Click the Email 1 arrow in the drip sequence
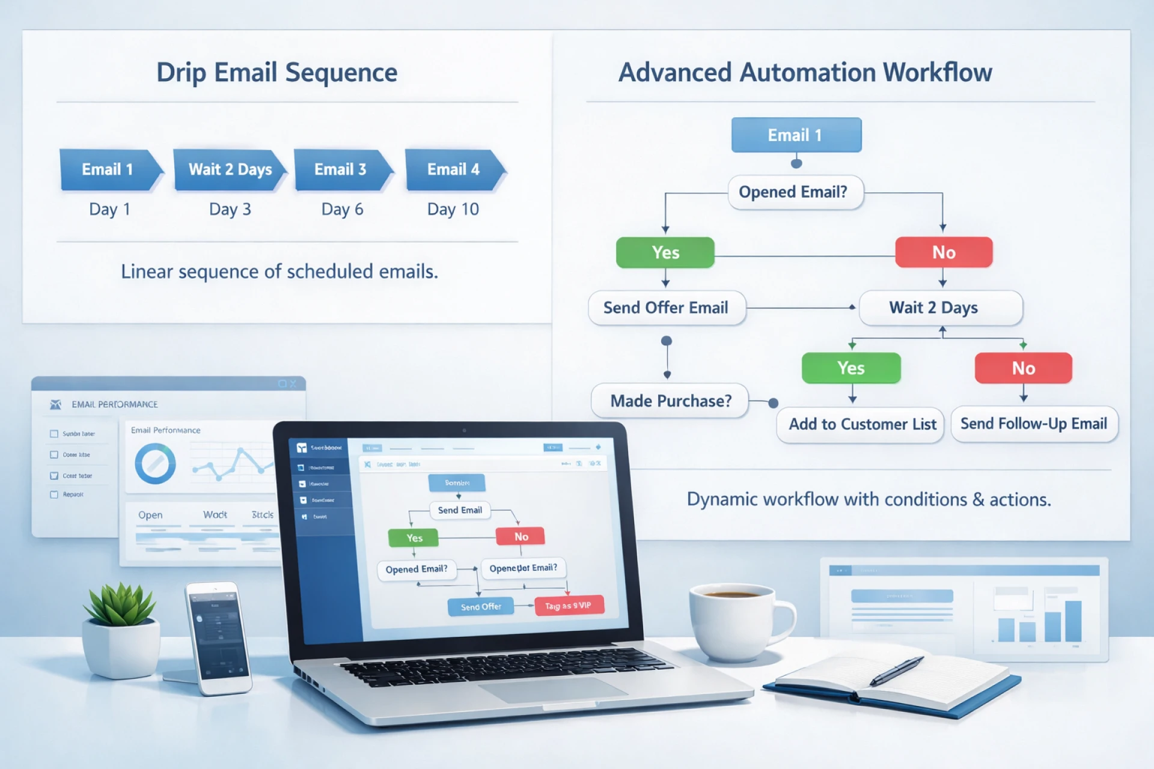pos(109,170)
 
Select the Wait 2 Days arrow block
pos(229,170)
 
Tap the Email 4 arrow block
pos(454,170)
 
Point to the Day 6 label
pos(342,209)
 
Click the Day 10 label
pos(453,209)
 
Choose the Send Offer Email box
pos(666,308)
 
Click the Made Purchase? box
pos(670,401)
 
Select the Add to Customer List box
pos(861,424)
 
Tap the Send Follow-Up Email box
pos(1033,424)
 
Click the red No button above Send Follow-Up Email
pos(1023,368)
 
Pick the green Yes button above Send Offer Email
pos(665,252)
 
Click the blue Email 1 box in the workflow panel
pos(795,135)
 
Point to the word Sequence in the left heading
pos(341,73)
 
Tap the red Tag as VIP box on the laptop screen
pos(569,606)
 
